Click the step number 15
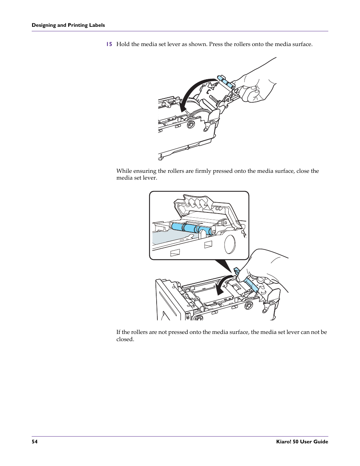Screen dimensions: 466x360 click(109, 44)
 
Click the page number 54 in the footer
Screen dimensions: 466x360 click(34, 441)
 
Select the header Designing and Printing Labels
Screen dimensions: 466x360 click(68, 25)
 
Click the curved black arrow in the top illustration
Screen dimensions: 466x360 click(192, 91)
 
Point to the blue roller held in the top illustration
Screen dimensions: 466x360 click(225, 81)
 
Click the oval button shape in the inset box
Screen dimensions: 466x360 click(230, 244)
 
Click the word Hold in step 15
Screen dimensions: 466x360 click(123, 44)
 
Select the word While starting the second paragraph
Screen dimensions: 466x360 click(124, 171)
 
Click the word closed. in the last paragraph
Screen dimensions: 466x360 click(125, 339)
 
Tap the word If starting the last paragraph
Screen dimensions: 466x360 click(118, 332)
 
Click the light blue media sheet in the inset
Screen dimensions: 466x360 click(170, 238)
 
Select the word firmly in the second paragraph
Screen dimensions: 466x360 click(203, 171)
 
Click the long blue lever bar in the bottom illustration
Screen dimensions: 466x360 click(251, 285)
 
